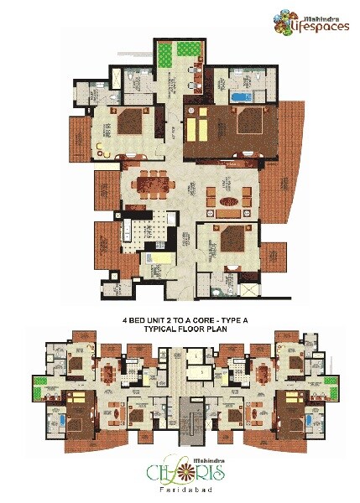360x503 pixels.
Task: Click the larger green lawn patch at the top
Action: point(185,54)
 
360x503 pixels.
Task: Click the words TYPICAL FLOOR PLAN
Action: point(180,329)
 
